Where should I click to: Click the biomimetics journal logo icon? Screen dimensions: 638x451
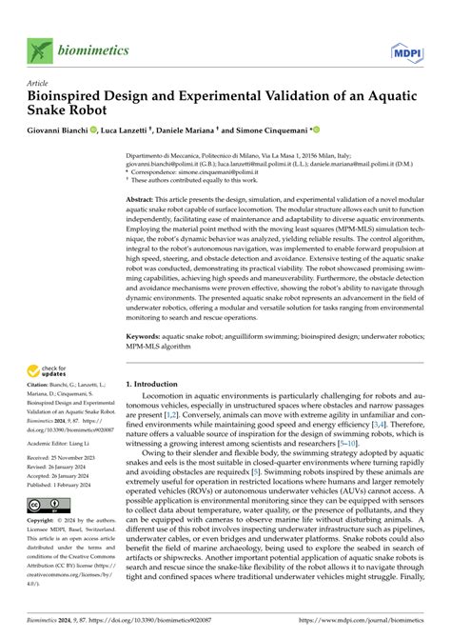click(39, 50)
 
